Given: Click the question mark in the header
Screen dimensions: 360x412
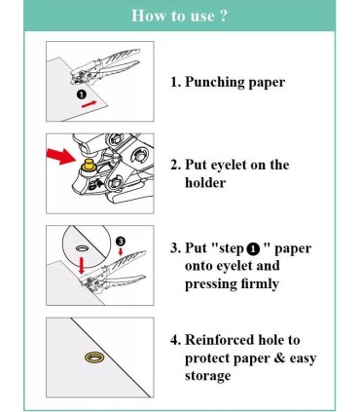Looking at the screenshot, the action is point(222,16).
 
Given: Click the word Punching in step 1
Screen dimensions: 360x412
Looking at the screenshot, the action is point(215,82).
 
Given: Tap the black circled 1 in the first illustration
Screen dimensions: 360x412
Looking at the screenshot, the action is point(82,94).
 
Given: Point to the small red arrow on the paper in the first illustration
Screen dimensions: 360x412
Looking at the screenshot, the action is point(89,104).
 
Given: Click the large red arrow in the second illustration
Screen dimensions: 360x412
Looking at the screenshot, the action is point(61,156).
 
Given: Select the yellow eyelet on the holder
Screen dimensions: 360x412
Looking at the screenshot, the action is point(88,165).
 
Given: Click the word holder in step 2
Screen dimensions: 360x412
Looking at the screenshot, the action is point(205,183).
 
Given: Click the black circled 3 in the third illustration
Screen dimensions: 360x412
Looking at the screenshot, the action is point(120,242).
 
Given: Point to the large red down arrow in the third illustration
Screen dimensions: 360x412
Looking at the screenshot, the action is point(81,265).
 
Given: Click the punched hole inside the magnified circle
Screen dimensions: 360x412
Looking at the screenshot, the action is point(82,248).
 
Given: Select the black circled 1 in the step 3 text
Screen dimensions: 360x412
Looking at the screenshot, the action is point(253,249).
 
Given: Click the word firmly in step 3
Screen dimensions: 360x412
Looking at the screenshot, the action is point(260,284).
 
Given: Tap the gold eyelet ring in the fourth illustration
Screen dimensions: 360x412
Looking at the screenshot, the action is point(94,357).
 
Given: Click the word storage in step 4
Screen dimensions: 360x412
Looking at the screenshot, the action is point(207,376).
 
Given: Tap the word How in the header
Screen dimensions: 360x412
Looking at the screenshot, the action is point(145,16).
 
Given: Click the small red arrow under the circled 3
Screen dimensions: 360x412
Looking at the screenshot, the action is point(121,251).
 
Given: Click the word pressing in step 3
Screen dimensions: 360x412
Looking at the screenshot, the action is point(211,284).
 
